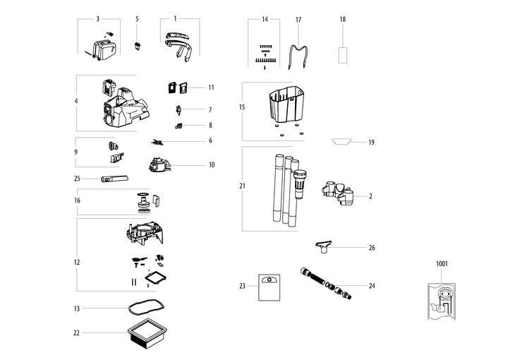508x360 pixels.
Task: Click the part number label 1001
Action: pos(442,264)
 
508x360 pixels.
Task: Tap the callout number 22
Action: pos(76,332)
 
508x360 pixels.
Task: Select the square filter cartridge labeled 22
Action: pos(147,335)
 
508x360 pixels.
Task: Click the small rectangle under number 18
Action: pos(343,54)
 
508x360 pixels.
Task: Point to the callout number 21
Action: pos(242,187)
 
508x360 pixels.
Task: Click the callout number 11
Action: pos(210,88)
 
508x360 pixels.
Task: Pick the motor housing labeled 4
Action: pos(124,103)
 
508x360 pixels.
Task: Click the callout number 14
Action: pos(265,19)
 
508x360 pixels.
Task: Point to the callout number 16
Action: pos(76,200)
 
